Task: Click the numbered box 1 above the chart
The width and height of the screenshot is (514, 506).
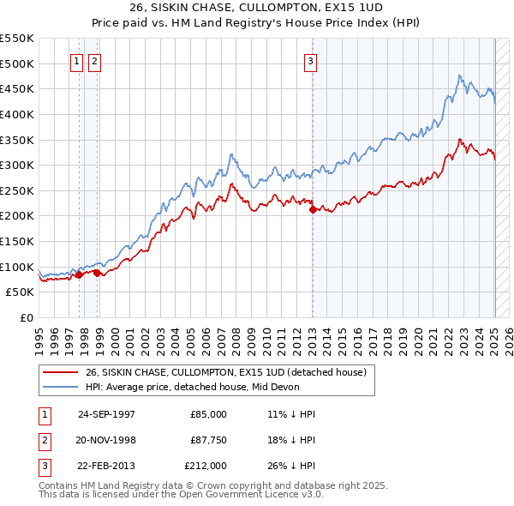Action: tap(76, 61)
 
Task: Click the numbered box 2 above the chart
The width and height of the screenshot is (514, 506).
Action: tap(93, 61)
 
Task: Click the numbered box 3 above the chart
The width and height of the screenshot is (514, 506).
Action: tap(309, 61)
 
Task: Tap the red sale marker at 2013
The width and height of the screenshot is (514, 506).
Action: tap(313, 209)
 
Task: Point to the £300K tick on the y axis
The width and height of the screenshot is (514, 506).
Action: tap(19, 165)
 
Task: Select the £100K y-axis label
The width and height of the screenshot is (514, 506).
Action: tap(19, 267)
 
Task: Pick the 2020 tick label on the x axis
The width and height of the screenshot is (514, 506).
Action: tap(416, 338)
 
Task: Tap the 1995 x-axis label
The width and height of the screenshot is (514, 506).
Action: tap(39, 338)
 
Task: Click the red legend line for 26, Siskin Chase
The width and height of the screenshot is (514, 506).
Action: tap(61, 372)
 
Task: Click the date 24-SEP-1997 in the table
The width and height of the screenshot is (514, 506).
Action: tap(106, 414)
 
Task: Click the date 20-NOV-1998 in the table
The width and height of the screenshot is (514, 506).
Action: tap(106, 440)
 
